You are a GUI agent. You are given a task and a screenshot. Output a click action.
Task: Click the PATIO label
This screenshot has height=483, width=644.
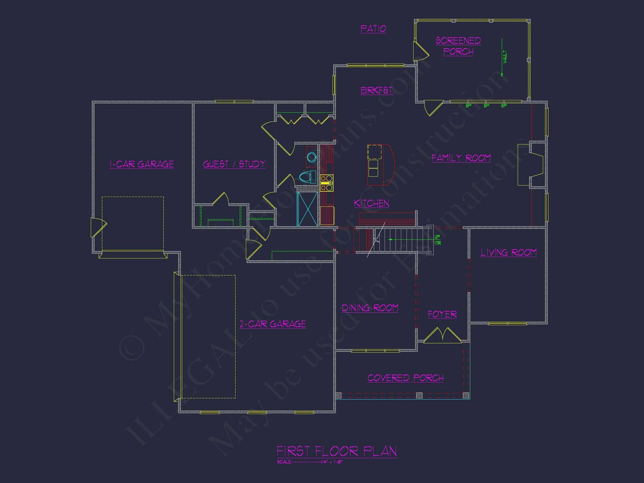[x=373, y=28]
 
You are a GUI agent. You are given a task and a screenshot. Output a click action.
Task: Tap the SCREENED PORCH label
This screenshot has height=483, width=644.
[x=458, y=46]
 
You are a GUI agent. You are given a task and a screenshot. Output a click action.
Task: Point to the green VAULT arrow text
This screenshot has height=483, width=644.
[x=505, y=57]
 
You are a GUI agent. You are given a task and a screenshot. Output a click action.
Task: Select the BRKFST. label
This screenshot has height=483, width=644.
[x=377, y=90]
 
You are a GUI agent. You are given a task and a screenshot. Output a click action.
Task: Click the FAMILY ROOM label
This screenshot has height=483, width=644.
[x=461, y=158]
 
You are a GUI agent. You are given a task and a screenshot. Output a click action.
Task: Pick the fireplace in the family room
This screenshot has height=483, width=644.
[x=531, y=165]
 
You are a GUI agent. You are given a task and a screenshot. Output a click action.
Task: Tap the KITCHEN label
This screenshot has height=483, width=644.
[x=371, y=203]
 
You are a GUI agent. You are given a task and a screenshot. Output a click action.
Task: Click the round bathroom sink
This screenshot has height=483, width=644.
[x=312, y=157]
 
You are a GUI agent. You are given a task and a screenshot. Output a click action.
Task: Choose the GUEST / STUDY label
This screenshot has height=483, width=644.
[x=234, y=164]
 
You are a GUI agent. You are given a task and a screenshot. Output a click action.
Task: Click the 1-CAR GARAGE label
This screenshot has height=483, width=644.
[x=141, y=164]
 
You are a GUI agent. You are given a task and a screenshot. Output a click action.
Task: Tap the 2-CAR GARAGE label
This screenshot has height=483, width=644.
[x=272, y=324]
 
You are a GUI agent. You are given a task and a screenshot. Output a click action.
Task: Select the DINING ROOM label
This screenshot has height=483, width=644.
[x=370, y=308]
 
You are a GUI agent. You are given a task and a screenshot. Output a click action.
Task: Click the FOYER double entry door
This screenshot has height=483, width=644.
[x=442, y=335]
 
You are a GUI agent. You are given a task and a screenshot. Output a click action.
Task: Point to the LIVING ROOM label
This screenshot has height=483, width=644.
[x=508, y=253]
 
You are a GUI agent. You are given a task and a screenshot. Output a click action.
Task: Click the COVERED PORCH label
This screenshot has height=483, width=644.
[x=405, y=378]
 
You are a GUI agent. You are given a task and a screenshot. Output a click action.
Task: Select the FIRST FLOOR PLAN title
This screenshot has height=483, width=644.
[x=336, y=451]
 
